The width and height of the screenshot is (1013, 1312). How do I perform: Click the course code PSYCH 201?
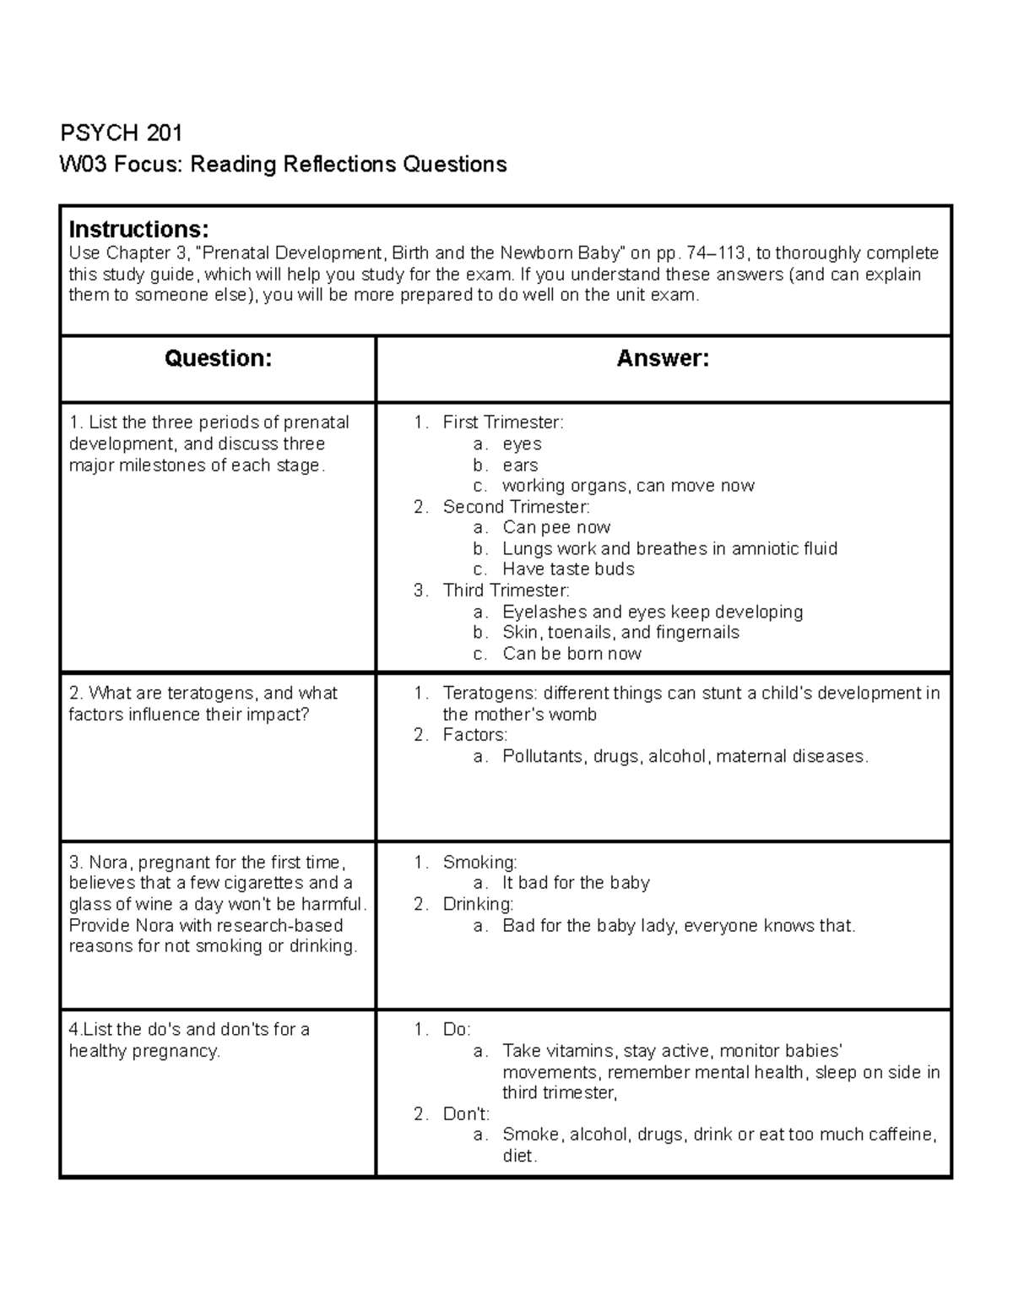point(121,133)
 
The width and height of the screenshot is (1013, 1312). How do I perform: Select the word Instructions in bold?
point(138,230)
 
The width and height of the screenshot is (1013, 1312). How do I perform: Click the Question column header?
point(218,359)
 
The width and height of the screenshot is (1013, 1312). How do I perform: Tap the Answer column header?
point(663,359)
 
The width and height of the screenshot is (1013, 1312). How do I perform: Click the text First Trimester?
point(502,422)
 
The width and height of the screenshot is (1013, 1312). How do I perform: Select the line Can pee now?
point(556,528)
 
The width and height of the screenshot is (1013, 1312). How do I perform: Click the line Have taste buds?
point(568,569)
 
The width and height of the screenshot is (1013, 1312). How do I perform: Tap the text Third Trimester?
point(506,591)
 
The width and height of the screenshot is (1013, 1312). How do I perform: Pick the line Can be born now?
point(572,654)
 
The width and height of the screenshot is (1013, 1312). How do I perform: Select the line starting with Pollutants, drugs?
point(685,757)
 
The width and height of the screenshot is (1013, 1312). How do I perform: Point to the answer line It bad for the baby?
point(576,884)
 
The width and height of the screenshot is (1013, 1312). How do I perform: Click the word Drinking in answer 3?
point(477,905)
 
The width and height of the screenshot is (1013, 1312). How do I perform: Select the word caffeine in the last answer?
point(897,1135)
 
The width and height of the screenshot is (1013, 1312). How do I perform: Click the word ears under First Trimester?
point(520,465)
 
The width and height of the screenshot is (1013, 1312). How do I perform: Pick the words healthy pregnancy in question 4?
point(144,1052)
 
